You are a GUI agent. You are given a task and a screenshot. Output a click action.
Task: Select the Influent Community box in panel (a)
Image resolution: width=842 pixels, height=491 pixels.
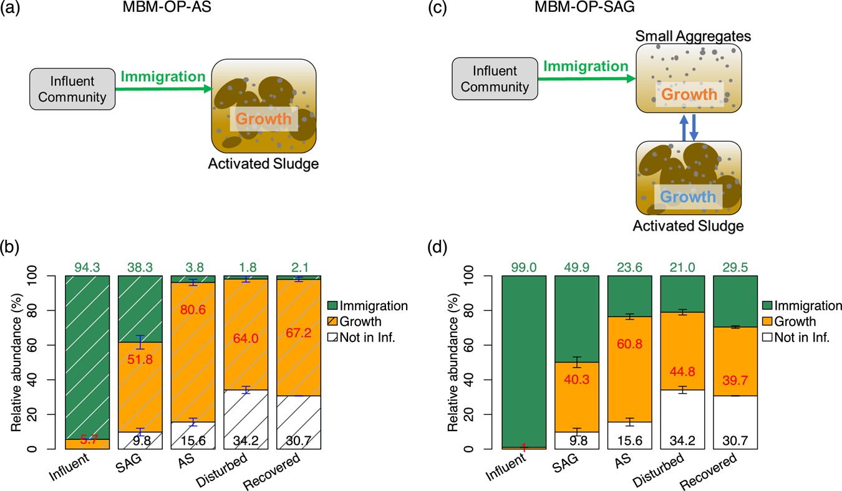coord(72,89)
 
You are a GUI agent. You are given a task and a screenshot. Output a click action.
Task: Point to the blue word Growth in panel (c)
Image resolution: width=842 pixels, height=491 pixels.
coord(687,197)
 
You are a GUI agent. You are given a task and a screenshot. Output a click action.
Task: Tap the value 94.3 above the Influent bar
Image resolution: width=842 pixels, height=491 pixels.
coord(87,266)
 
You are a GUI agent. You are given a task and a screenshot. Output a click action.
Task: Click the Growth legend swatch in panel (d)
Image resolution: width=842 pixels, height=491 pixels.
coord(770,322)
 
